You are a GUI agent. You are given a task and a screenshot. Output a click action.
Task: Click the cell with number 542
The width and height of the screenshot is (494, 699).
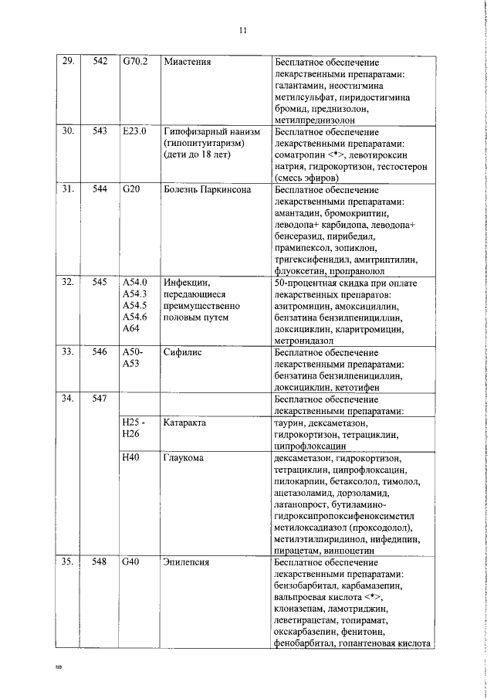click(99, 61)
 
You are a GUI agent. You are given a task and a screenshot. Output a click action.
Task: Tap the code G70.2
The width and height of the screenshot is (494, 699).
click(135, 61)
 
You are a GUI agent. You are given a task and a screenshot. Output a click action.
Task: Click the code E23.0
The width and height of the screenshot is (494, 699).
click(134, 131)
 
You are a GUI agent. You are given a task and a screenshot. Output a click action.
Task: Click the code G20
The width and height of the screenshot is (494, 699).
click(130, 189)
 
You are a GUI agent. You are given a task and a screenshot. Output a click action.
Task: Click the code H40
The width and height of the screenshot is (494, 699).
click(130, 458)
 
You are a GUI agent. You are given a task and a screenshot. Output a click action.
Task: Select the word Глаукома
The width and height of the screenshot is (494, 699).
click(184, 458)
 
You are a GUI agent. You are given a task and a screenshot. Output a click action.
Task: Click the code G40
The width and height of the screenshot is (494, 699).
click(130, 562)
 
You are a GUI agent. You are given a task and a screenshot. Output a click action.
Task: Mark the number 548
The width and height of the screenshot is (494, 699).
click(99, 562)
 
